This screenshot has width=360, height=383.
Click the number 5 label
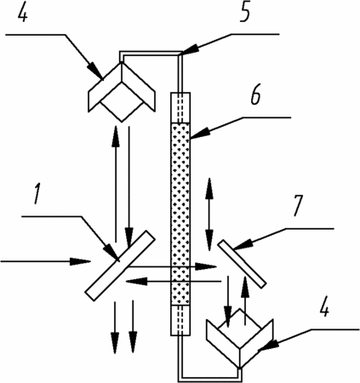pyautogui.click(x=244, y=13)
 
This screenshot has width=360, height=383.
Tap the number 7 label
pyautogui.click(x=297, y=205)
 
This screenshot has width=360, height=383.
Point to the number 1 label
pyautogui.click(x=37, y=194)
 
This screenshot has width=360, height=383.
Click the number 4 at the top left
pyautogui.click(x=23, y=13)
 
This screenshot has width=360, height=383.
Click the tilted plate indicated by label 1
pyautogui.click(x=120, y=266)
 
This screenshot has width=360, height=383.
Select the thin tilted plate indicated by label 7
pyautogui.click(x=242, y=263)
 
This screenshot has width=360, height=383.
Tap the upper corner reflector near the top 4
pyautogui.click(x=122, y=91)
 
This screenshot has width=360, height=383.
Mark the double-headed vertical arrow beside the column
pyautogui.click(x=209, y=214)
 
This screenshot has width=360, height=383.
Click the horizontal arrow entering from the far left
pyautogui.click(x=45, y=261)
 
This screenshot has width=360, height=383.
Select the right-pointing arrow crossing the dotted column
pyautogui.click(x=172, y=266)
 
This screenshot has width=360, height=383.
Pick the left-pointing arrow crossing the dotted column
pyautogui.click(x=173, y=282)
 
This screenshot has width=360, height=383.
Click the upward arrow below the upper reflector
pyautogui.click(x=116, y=184)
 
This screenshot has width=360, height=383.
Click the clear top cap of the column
pyautogui.click(x=180, y=108)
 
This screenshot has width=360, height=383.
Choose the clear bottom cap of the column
pyautogui.click(x=180, y=321)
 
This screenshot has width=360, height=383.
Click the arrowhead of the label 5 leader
pyautogui.click(x=189, y=49)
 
